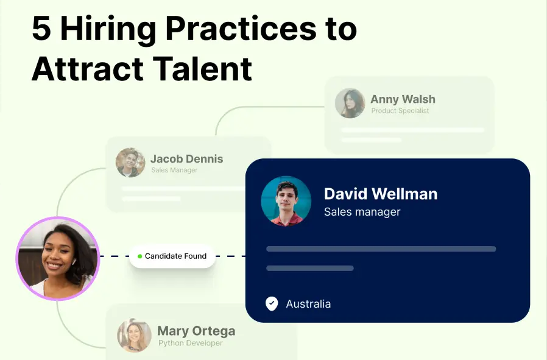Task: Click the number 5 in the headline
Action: point(41,29)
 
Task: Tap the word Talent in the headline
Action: point(203,68)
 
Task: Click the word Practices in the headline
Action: point(241,29)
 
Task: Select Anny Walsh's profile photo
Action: point(350,104)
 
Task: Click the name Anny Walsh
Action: point(403,99)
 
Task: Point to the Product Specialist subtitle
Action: point(400,111)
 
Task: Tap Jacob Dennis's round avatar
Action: point(130,163)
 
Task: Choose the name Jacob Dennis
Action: point(186,159)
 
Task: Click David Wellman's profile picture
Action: point(286,201)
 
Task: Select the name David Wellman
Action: point(381,194)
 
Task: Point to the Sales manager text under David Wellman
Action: point(362,212)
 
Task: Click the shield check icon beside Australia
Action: point(272,303)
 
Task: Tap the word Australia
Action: point(308,304)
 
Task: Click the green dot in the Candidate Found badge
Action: point(140,256)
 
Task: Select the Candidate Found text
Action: point(175,256)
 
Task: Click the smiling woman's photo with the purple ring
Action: point(58,258)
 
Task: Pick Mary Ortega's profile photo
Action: point(134,335)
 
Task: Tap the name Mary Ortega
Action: point(196,331)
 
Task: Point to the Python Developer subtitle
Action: point(190,343)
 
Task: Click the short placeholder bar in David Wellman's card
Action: point(310,268)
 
